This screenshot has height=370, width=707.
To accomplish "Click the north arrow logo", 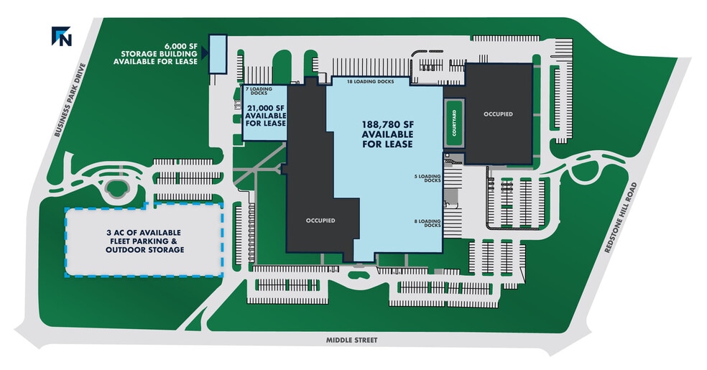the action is click(61, 36).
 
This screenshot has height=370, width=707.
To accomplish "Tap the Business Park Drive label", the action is click(70, 100).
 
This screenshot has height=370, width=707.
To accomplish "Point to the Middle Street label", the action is click(351, 340).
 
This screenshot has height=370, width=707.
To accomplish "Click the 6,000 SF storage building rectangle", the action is click(217, 54).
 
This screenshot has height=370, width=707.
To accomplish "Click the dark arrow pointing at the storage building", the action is click(205, 53).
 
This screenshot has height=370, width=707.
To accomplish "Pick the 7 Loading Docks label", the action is click(259, 91).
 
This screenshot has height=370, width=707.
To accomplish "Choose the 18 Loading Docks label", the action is click(371, 82).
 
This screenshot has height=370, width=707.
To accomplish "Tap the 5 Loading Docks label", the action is click(428, 178).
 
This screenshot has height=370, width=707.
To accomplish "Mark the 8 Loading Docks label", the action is click(428, 223).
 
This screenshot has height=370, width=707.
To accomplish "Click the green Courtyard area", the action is click(454, 123).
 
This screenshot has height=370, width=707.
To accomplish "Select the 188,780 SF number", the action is click(388, 124).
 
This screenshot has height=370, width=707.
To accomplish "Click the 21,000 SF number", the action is click(265, 108).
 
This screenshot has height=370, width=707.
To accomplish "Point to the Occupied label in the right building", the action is click(498, 114).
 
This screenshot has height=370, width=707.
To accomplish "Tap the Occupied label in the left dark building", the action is click(320, 221).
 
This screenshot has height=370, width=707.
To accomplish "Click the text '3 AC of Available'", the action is click(144, 233).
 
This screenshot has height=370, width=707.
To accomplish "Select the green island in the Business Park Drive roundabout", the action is click(116, 188).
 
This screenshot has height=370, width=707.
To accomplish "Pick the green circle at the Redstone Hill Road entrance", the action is click(585, 171).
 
